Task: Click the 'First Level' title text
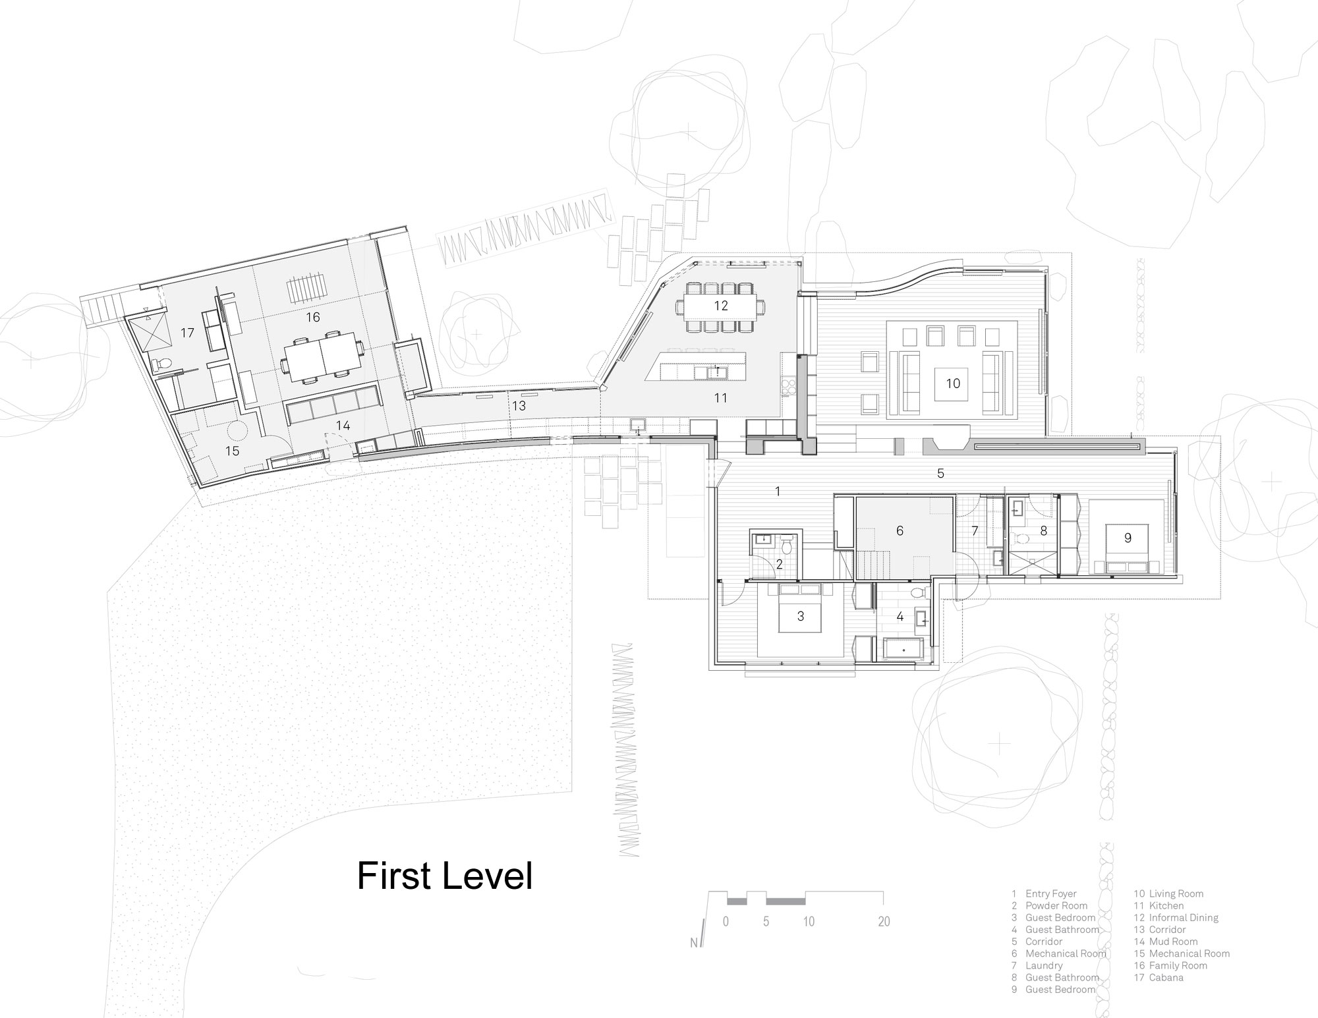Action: pyautogui.click(x=445, y=876)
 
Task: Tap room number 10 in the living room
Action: pyautogui.click(x=953, y=383)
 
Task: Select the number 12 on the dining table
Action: pyautogui.click(x=720, y=306)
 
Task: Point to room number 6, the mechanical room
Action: pyautogui.click(x=900, y=530)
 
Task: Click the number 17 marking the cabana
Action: pyautogui.click(x=188, y=333)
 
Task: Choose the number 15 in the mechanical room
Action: pyautogui.click(x=232, y=451)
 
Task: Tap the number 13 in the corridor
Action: pyautogui.click(x=519, y=406)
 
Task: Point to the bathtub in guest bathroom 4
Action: pyautogui.click(x=902, y=649)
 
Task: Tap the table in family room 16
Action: pyautogui.click(x=322, y=360)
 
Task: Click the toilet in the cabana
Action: pyautogui.click(x=162, y=363)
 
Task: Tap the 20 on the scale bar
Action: pyautogui.click(x=884, y=921)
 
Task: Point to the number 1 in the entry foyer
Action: pyautogui.click(x=778, y=491)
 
